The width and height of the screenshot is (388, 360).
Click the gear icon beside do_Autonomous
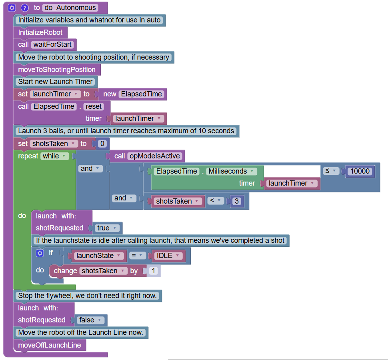12,8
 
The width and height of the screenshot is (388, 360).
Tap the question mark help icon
25,8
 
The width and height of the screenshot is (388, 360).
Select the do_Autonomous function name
70,8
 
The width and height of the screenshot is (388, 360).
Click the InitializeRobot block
40,32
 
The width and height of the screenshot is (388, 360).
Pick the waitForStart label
52,44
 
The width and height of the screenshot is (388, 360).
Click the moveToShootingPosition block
57,70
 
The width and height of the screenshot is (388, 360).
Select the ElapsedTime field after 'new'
142,94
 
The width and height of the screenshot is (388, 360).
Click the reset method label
94,106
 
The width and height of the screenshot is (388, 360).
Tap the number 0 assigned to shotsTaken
102,144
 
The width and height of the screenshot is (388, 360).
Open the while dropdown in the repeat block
54,156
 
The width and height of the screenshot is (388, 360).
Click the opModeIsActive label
154,156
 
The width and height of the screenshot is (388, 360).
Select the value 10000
360,171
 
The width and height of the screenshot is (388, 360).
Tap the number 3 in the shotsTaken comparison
237,201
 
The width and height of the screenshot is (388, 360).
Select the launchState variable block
98,256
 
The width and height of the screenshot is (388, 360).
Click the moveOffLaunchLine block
50,345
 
